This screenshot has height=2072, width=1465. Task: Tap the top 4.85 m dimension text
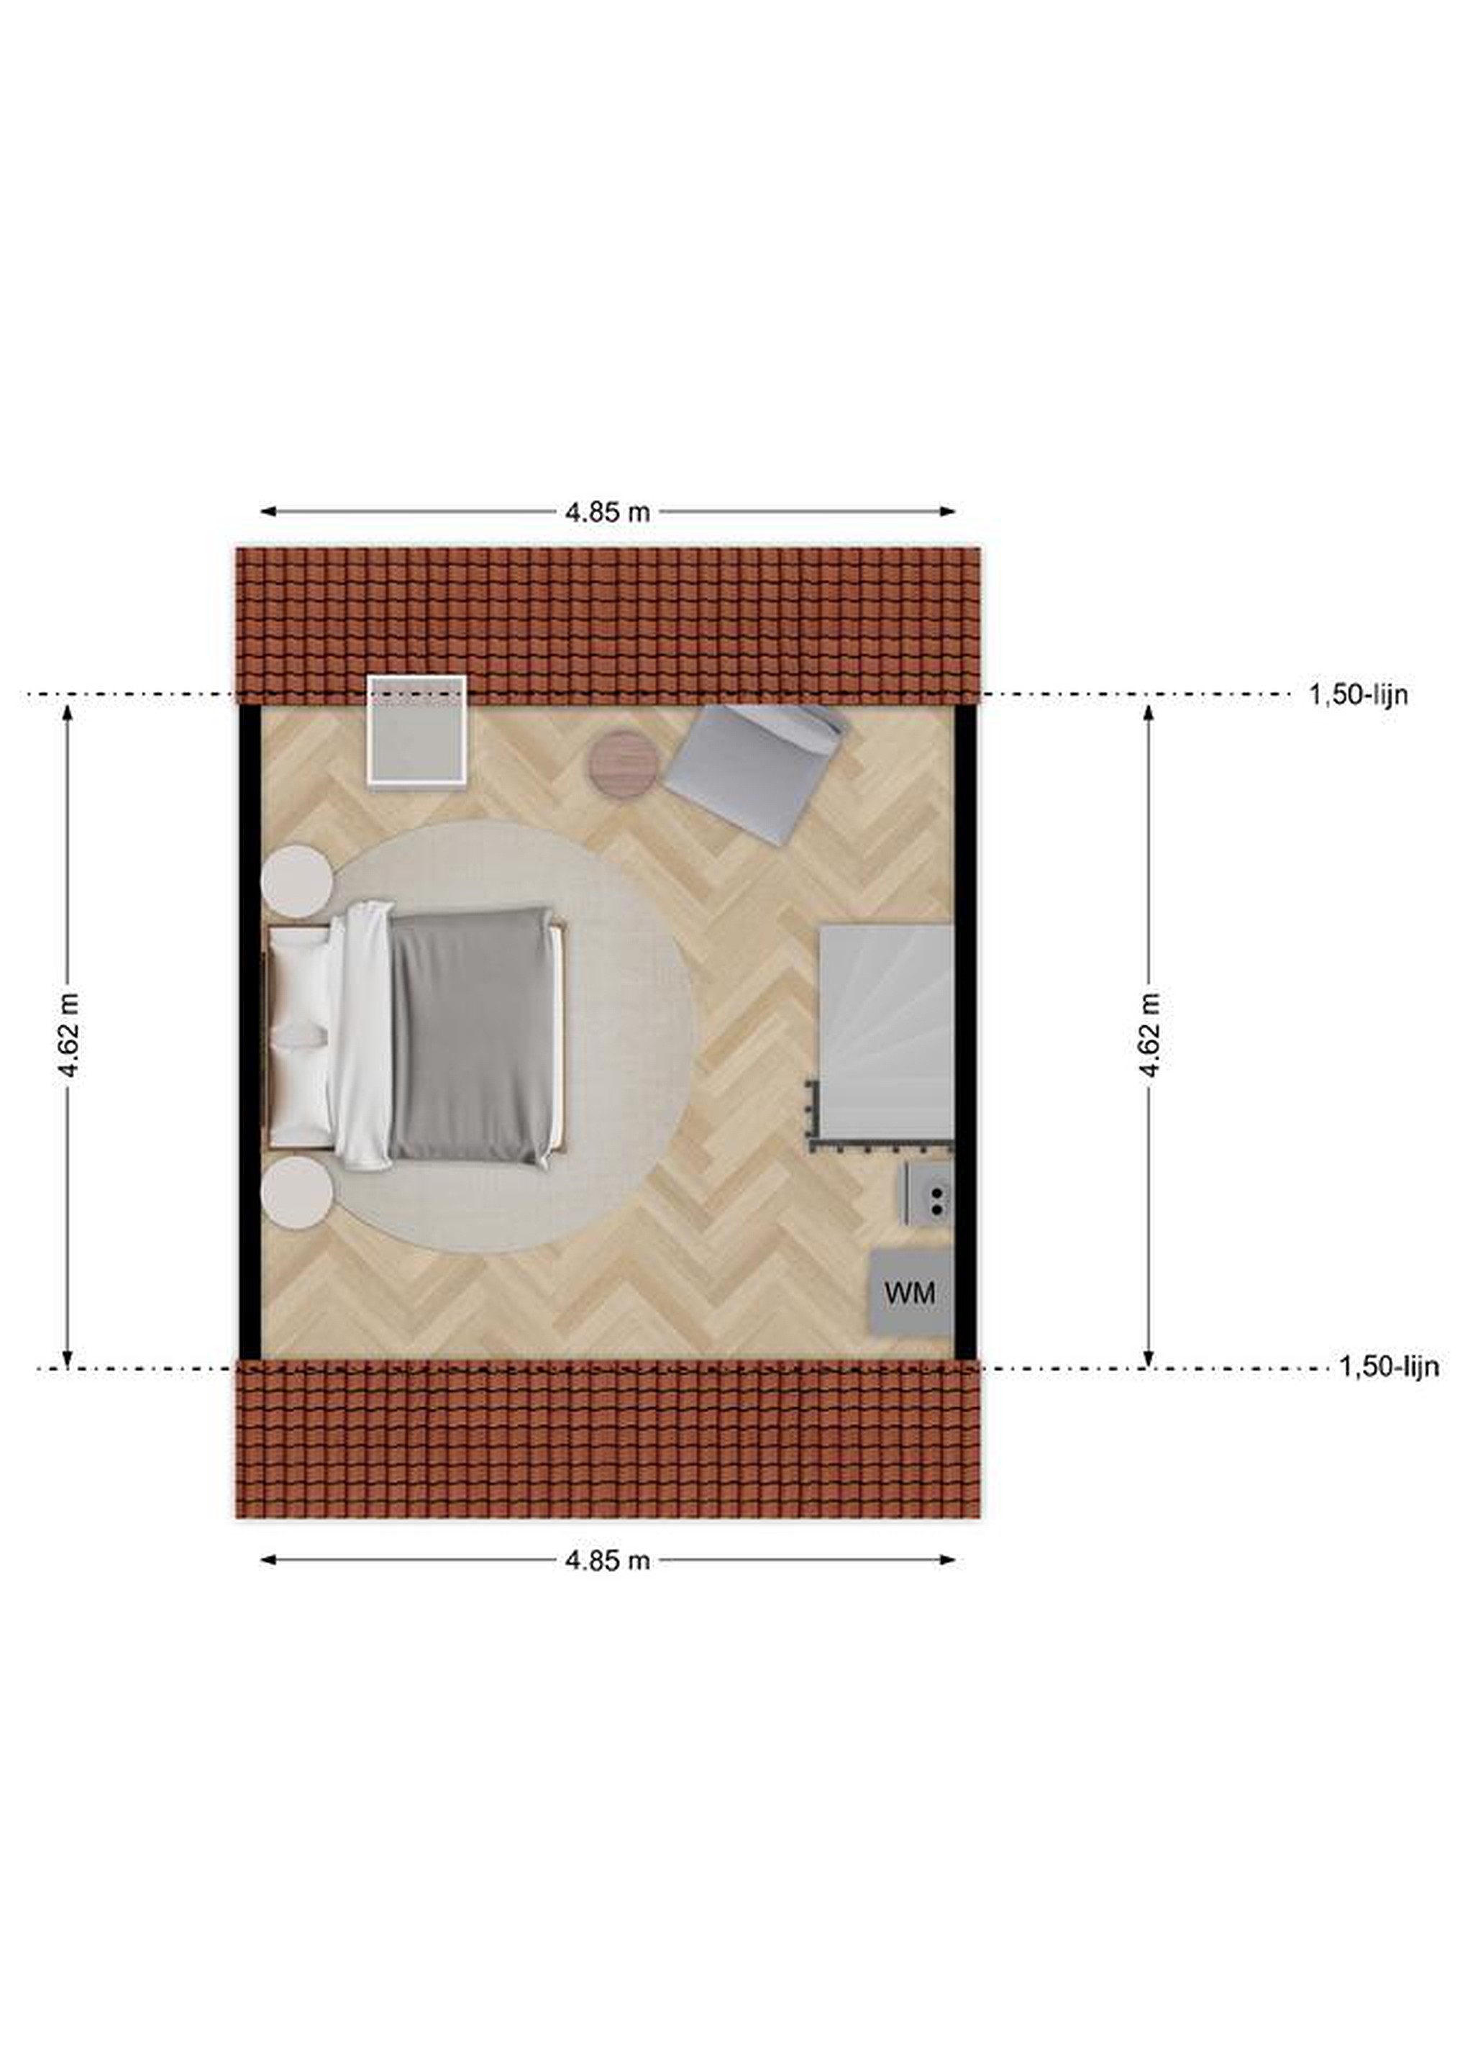(607, 512)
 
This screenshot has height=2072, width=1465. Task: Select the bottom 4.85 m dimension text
(607, 1560)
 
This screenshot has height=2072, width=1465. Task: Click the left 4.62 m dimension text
(68, 1035)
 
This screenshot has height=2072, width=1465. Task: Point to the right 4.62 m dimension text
(1149, 1035)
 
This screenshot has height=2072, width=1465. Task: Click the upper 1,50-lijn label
(1359, 695)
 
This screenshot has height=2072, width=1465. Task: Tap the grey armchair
(757, 771)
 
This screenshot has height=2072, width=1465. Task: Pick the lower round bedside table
(297, 1192)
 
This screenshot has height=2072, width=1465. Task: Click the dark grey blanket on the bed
(471, 1036)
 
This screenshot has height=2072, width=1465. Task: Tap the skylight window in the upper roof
(416, 732)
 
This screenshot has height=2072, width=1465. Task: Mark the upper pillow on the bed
(298, 983)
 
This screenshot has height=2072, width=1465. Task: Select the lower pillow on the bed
(298, 1094)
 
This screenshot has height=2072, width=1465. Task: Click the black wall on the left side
(250, 1032)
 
